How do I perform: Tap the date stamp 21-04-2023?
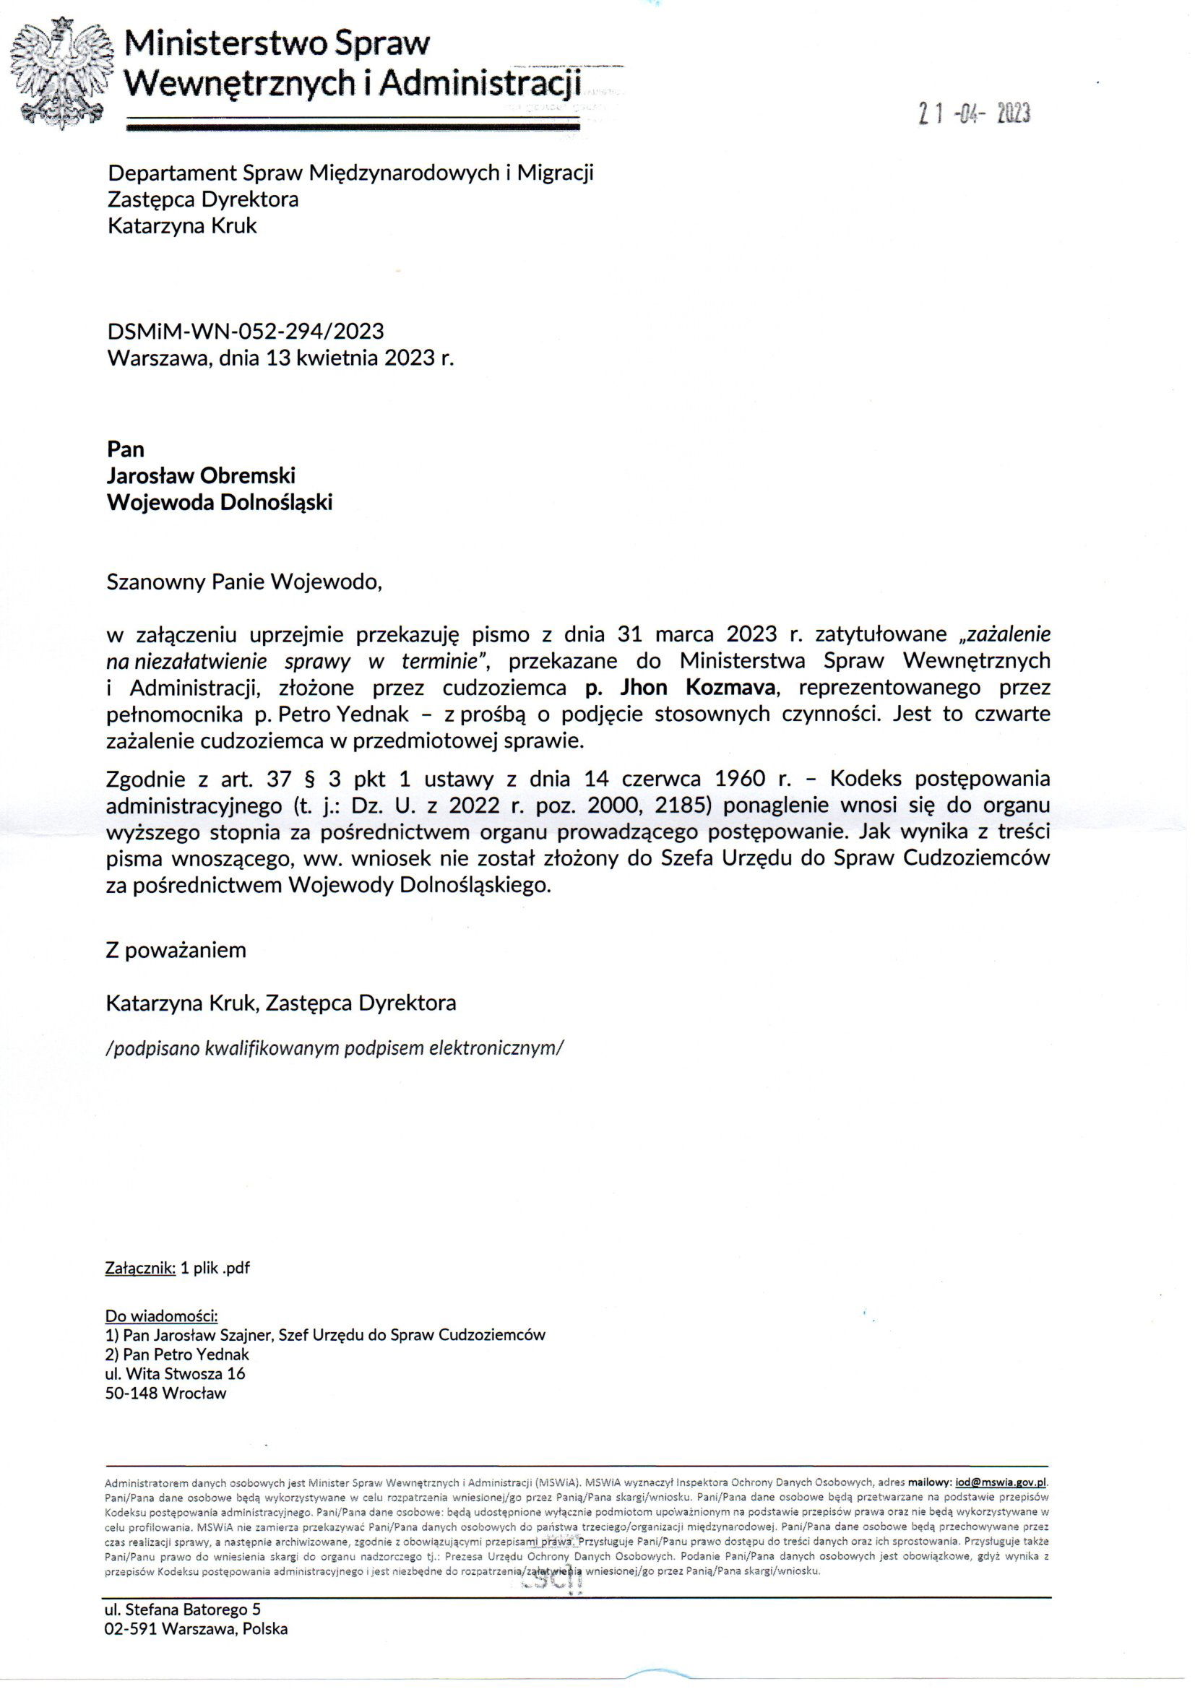(974, 114)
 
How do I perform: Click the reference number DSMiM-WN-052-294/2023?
(245, 331)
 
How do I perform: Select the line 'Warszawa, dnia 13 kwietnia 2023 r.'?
(280, 358)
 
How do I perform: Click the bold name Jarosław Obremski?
(201, 475)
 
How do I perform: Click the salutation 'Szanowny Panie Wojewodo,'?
(244, 582)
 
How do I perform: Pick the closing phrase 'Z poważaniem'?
(176, 950)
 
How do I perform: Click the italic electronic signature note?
(335, 1048)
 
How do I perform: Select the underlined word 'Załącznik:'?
(141, 1269)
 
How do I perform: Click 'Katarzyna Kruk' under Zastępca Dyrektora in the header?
(182, 226)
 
